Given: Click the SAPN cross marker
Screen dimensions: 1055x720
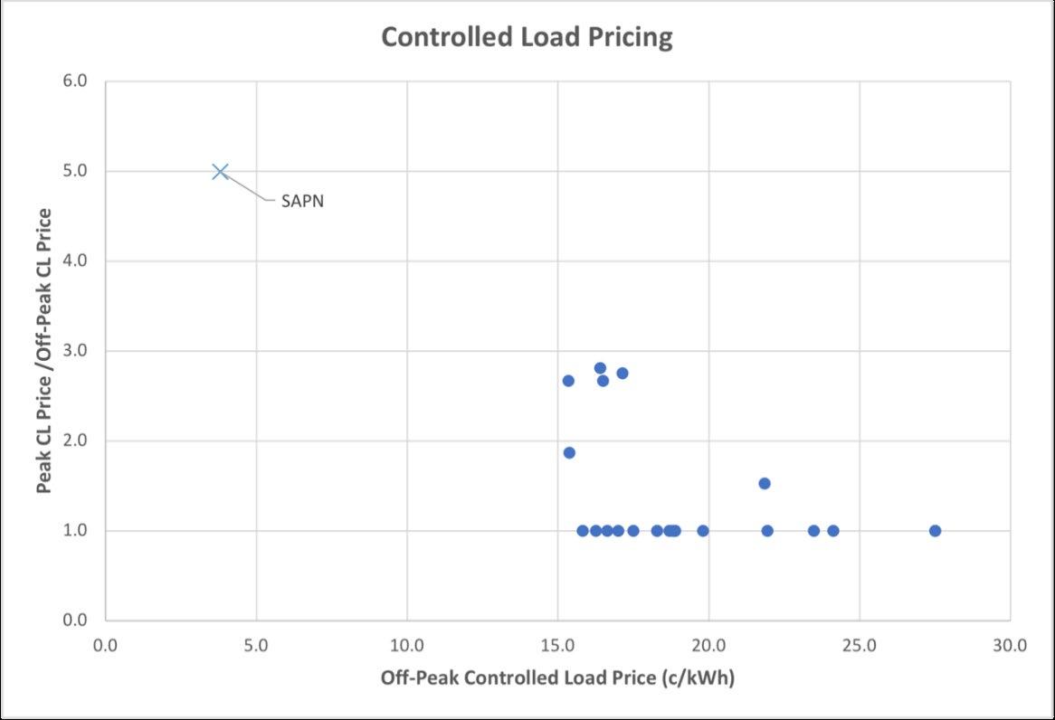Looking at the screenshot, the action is coord(220,172).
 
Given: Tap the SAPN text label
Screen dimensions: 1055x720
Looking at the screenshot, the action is coord(302,201).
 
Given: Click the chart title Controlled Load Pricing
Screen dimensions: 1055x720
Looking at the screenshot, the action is coord(527,37).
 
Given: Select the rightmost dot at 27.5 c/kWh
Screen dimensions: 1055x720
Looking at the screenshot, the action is coord(935,531).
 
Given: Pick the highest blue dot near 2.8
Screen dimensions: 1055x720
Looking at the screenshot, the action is coord(600,368).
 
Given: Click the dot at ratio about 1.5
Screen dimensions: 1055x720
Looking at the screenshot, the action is coord(765,483).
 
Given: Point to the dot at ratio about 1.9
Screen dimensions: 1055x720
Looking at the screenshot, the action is coord(569,453).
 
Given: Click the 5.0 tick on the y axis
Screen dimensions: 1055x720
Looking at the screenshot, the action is coord(75,171).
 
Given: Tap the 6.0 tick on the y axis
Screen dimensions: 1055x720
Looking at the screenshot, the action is coord(75,81).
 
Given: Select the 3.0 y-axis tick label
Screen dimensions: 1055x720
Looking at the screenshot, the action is coord(75,351).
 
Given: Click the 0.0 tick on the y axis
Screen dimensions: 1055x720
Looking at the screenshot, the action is coord(75,620).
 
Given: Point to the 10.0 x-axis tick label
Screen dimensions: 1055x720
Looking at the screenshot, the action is coord(407,645).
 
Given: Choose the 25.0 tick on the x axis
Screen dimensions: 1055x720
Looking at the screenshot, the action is coord(860,645).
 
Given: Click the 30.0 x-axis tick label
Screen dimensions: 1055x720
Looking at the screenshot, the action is coord(1010,645).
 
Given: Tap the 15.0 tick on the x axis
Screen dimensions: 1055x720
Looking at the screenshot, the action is coord(557,645).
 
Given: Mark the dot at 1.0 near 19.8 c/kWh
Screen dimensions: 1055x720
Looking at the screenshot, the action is coord(703,531).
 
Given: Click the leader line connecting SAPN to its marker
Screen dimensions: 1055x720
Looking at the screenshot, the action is coord(250,188).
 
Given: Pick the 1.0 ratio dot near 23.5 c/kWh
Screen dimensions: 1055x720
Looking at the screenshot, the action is coord(814,531).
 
